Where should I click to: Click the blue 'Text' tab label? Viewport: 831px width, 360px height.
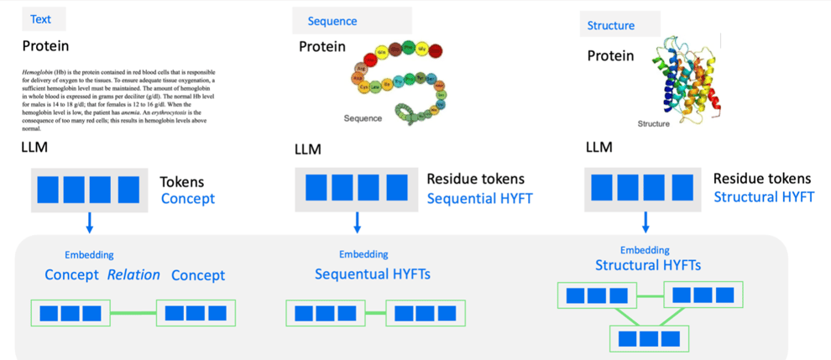[40, 19]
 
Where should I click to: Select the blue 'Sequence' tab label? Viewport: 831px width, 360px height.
[332, 21]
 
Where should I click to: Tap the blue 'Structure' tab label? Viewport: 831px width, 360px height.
[610, 25]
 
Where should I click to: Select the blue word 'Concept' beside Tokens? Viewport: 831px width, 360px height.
[188, 199]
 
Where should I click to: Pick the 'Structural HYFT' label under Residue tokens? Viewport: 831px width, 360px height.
[764, 197]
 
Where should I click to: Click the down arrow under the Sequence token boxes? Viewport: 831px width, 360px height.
[358, 222]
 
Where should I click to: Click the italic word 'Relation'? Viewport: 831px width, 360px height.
[133, 274]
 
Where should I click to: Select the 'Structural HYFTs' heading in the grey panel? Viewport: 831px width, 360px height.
[648, 266]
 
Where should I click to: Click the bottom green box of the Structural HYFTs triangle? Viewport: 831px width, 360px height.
[650, 337]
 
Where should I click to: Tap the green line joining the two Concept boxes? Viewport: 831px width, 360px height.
[133, 314]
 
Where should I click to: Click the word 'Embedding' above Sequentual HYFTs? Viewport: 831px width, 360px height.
[363, 254]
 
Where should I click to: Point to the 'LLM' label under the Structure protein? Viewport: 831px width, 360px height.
[598, 148]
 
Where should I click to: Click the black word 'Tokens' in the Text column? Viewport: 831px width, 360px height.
[182, 181]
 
